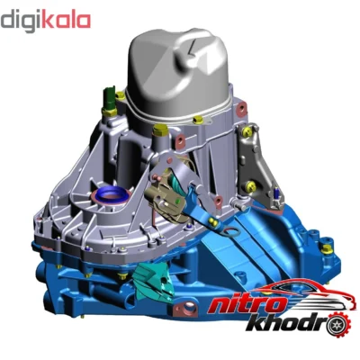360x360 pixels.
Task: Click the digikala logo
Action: point(46,21)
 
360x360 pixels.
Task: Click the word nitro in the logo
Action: point(247,305)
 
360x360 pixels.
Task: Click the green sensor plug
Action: point(109,99)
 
